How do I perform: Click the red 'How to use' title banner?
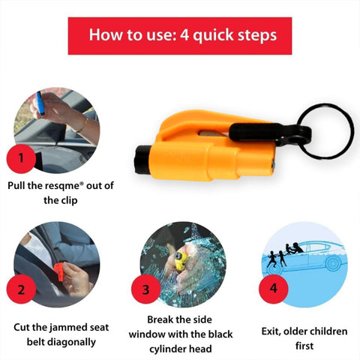[x=180, y=35]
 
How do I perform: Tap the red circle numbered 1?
[x=21, y=158]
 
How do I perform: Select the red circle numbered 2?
[x=21, y=289]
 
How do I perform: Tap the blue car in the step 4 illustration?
[x=315, y=259]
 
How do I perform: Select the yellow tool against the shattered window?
[x=178, y=262]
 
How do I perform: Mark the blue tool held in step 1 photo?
[x=40, y=103]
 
